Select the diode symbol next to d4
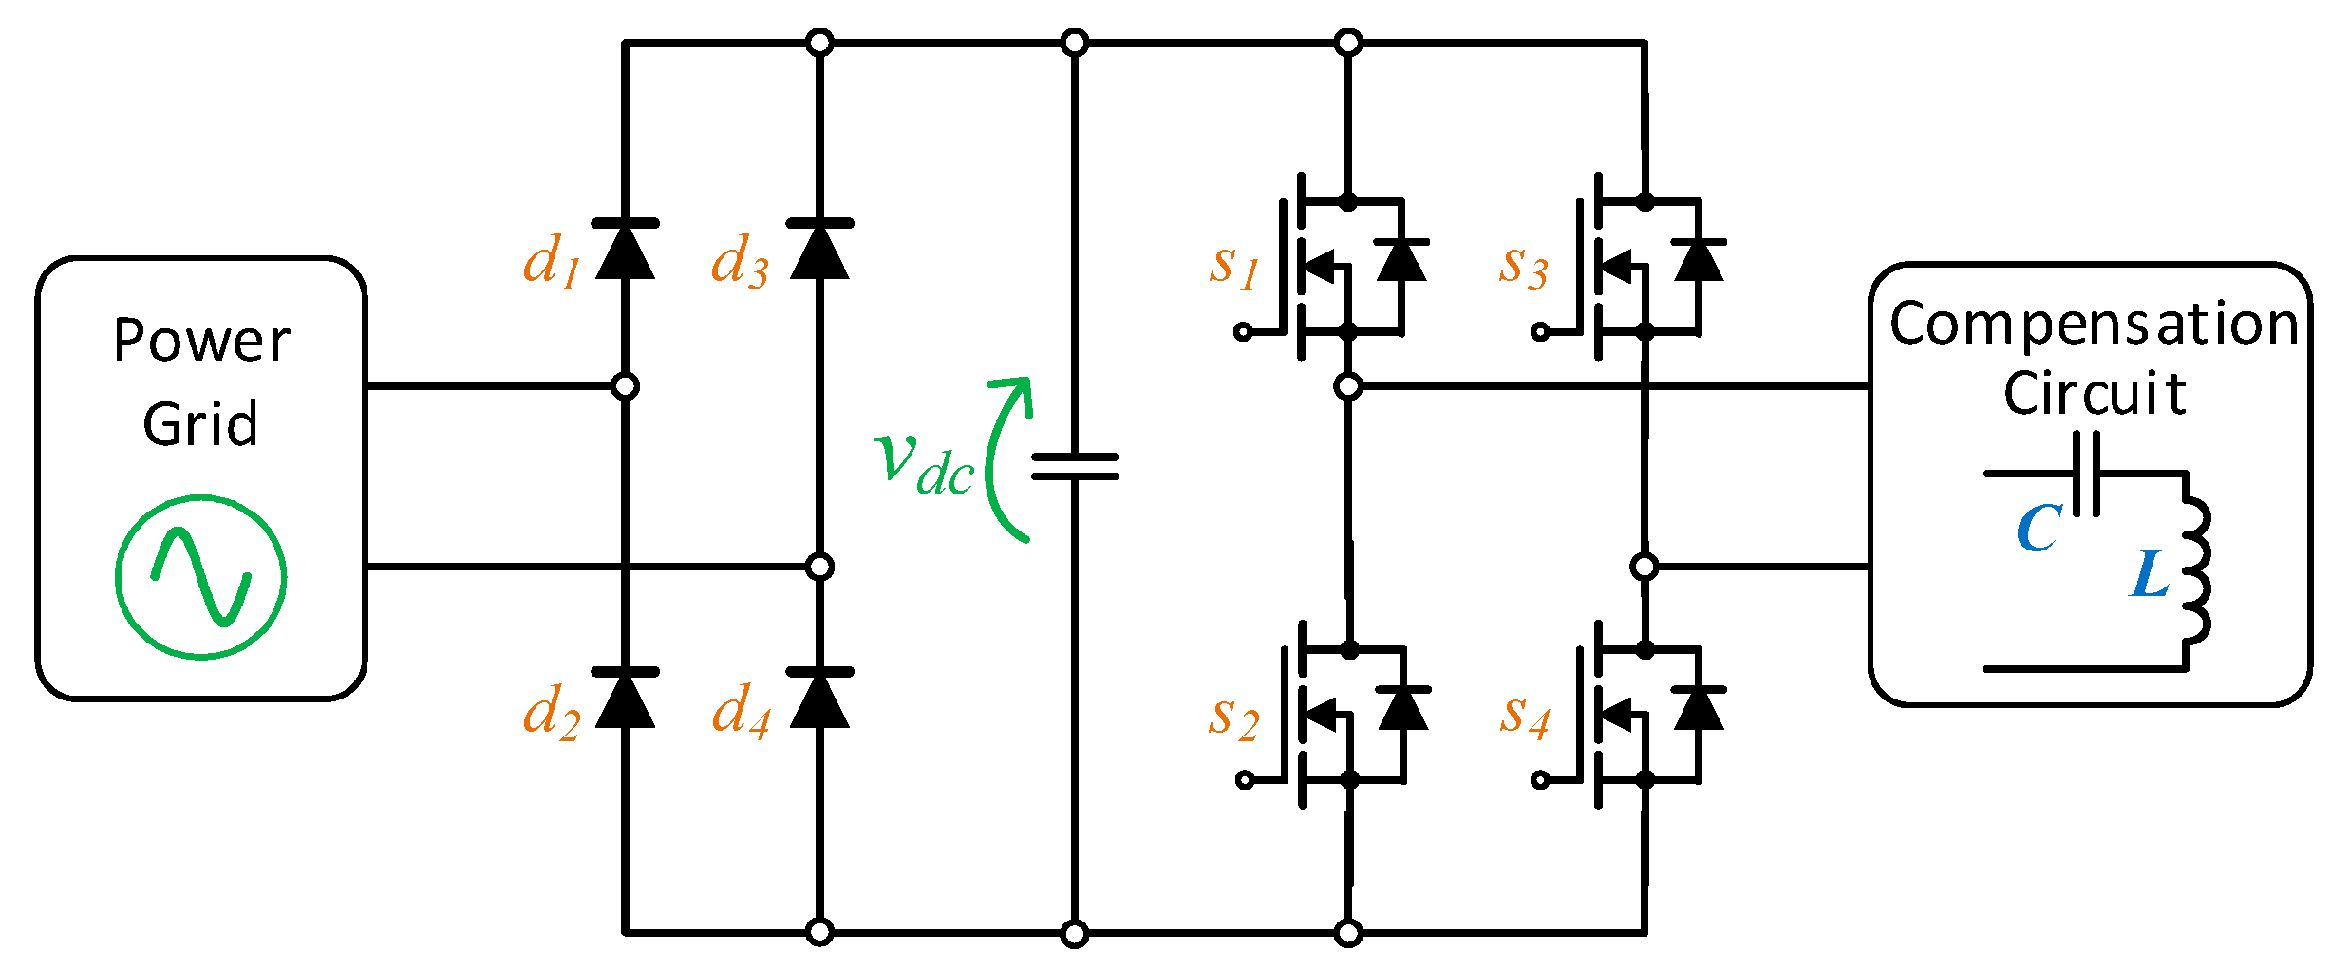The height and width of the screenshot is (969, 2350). coord(819,699)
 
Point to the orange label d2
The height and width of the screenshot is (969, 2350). coord(551,712)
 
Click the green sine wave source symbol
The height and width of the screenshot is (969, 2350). coord(201,577)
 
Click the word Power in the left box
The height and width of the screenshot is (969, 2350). coord(201,341)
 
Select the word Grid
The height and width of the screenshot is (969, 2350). coord(200,424)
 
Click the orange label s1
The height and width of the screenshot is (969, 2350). coord(1233,265)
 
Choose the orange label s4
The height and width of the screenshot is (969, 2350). coord(1525,715)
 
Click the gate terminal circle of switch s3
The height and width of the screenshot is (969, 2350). coord(1540,331)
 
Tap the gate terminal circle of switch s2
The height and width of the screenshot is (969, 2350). coord(1245,780)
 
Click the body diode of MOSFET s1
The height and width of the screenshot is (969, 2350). coord(1401,261)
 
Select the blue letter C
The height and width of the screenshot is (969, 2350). coord(2039,529)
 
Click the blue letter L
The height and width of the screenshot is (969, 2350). coord(2151,575)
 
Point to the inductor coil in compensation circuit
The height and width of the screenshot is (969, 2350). coord(2196,569)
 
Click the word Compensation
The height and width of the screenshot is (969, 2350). coord(2094,325)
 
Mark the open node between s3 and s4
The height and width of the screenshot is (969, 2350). coord(1645,567)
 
